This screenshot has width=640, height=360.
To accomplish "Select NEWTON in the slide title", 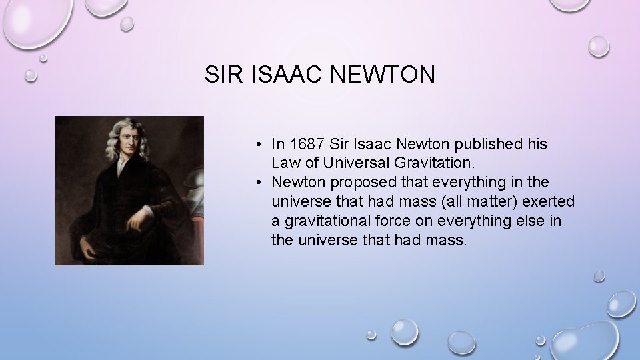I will pos(381,75).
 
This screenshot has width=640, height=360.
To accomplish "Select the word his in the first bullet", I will pos(537,144).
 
